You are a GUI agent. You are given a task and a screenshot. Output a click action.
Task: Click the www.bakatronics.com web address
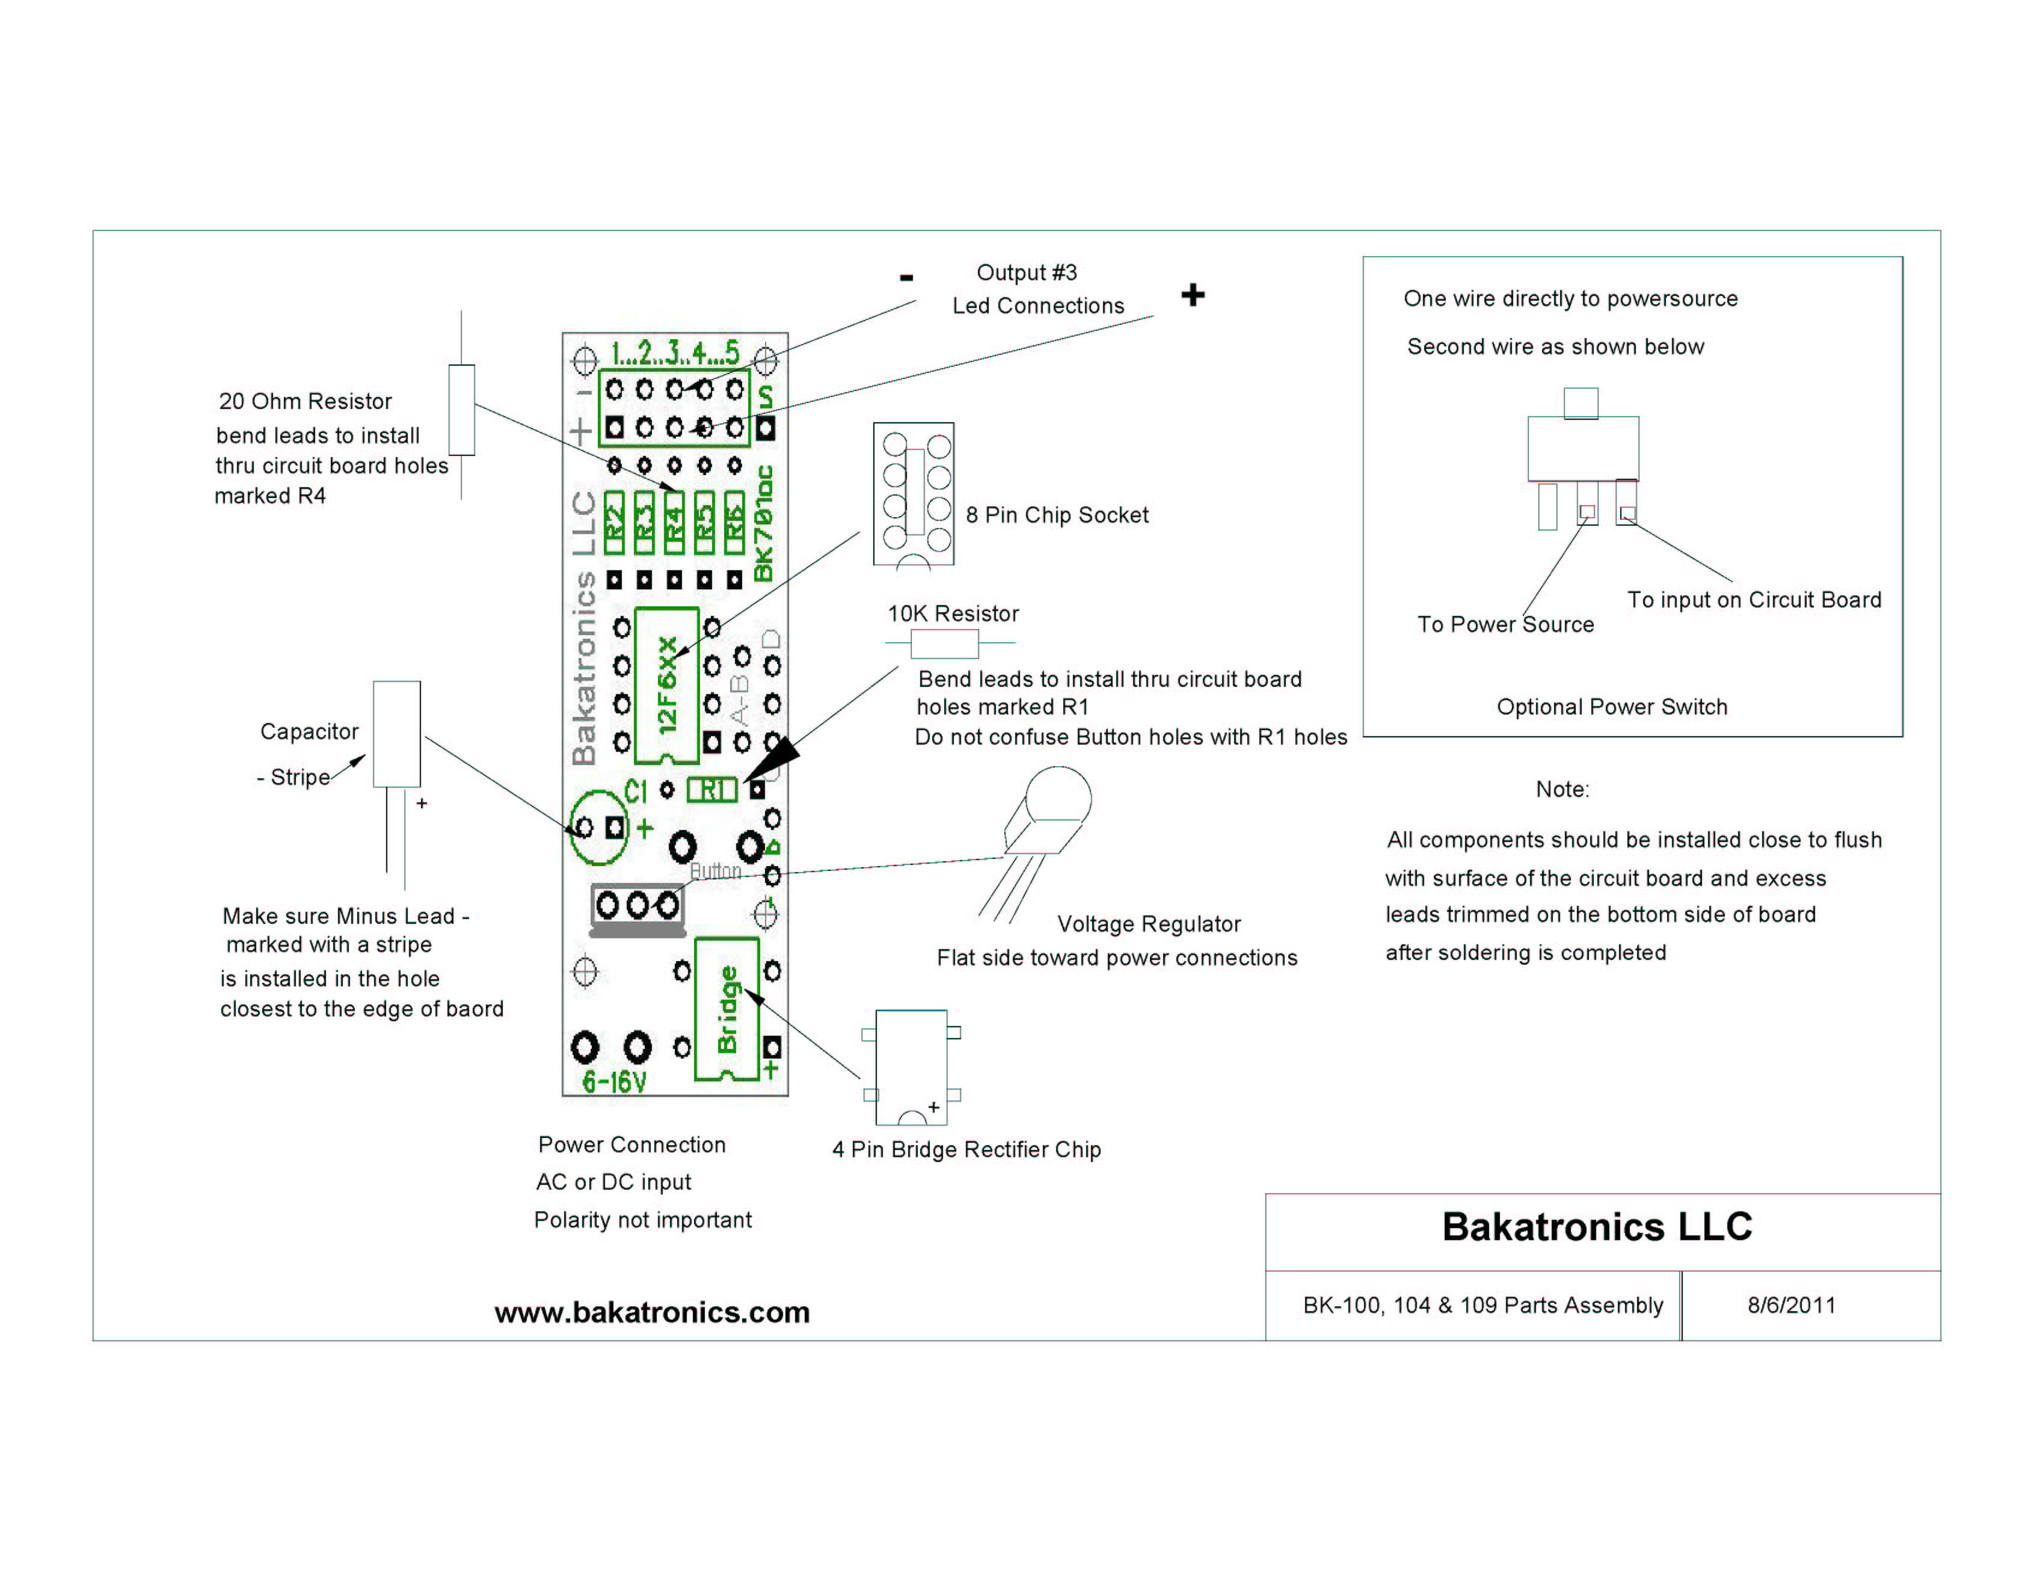pyautogui.click(x=652, y=1312)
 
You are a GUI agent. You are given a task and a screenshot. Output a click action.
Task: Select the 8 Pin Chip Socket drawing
pyautogui.click(x=914, y=494)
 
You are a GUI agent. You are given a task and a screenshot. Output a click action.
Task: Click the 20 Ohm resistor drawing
pyautogui.click(x=461, y=410)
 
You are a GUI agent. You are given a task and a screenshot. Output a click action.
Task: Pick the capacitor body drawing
pyautogui.click(x=397, y=734)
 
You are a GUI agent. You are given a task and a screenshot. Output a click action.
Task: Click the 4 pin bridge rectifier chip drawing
pyautogui.click(x=911, y=1066)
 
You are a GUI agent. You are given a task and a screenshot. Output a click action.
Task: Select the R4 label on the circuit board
pyautogui.click(x=674, y=521)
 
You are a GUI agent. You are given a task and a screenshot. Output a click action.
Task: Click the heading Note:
pyautogui.click(x=1562, y=790)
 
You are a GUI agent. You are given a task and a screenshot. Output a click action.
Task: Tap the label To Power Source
pyautogui.click(x=1505, y=625)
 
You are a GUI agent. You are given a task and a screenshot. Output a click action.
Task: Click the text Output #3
pyautogui.click(x=1026, y=273)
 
